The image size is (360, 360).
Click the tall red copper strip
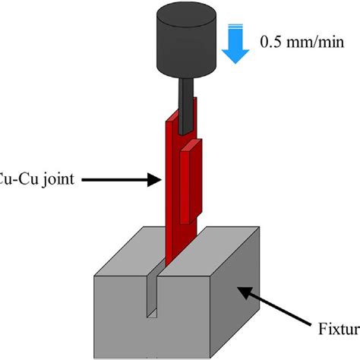tap(172, 197)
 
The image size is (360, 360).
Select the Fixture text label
tap(338, 329)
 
